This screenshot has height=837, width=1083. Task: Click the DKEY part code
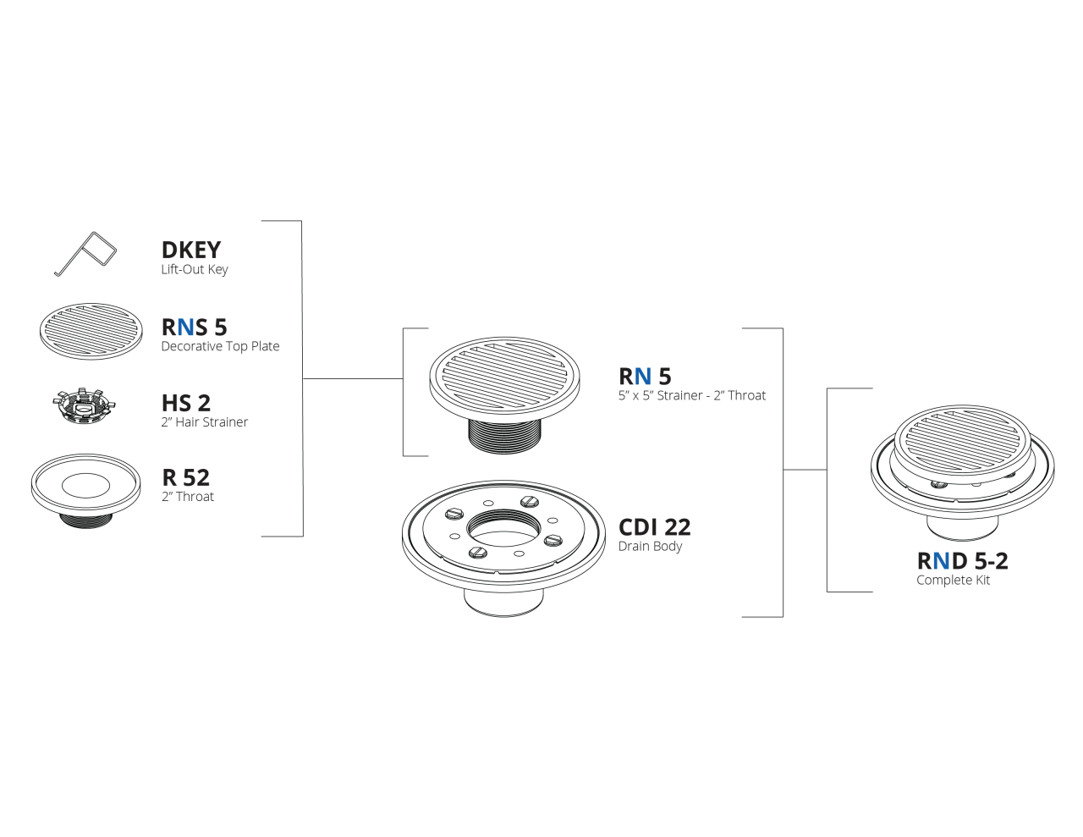191,250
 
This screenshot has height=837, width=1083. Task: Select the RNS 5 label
195,327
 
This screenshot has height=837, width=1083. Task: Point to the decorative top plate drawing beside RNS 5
91,331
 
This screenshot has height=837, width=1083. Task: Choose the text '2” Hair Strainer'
205,421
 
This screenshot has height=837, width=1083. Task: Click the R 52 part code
185,477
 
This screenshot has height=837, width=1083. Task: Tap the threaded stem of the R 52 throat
85,520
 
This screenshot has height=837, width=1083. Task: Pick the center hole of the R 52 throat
85,486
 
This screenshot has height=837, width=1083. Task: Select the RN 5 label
645,377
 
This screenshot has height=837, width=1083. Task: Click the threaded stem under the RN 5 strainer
505,436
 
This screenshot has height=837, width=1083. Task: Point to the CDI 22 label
654,527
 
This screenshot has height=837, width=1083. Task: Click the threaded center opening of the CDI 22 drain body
504,528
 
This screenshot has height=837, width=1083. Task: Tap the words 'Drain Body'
650,547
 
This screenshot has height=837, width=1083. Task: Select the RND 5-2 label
962,561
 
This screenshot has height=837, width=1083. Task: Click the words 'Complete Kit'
953,581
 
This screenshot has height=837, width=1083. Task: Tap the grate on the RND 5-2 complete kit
963,440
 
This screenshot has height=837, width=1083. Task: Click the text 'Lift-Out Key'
195,269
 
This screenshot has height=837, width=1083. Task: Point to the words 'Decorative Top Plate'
220,346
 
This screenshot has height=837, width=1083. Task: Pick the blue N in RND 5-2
941,561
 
